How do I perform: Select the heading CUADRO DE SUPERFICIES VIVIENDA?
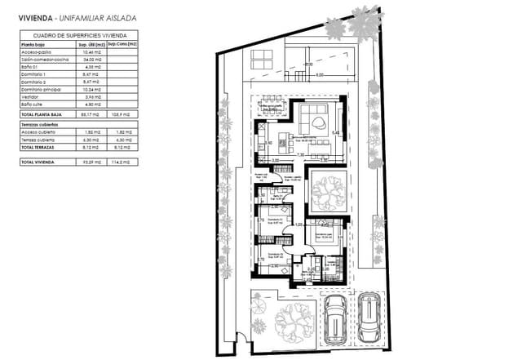tap(78, 36)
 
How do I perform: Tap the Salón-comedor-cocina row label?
tap(42, 59)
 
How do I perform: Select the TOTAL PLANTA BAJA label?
tap(42, 116)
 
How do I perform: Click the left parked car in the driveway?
tap(334, 318)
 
